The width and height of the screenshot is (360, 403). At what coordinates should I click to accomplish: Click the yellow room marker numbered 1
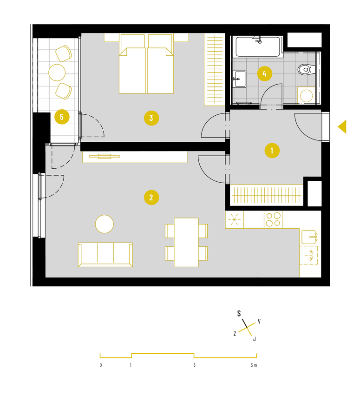pyautogui.click(x=272, y=151)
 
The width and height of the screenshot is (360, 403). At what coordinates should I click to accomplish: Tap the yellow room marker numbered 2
pyautogui.click(x=151, y=198)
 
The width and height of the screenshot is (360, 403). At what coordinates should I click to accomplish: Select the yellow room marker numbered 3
pyautogui.click(x=151, y=118)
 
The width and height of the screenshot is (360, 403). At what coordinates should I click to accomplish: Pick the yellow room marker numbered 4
pyautogui.click(x=264, y=74)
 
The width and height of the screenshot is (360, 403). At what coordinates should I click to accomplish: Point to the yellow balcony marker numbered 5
pyautogui.click(x=62, y=117)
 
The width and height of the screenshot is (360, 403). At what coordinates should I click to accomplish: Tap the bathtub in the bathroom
pyautogui.click(x=258, y=47)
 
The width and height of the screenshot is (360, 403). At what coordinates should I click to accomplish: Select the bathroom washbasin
pyautogui.click(x=239, y=79)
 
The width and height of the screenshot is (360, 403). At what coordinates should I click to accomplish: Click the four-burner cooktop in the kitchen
pyautogui.click(x=273, y=219)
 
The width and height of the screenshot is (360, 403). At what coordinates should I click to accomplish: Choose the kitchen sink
pyautogui.click(x=309, y=237)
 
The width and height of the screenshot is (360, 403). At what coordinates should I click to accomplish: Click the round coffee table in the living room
pyautogui.click(x=105, y=224)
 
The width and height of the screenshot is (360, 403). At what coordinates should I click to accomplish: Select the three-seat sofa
pyautogui.click(x=105, y=255)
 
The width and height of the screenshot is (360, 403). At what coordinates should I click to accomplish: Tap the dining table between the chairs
pyautogui.click(x=186, y=242)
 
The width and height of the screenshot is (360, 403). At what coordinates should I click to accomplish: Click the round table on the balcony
pyautogui.click(x=57, y=73)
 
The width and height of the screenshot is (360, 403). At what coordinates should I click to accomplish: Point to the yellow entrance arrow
pyautogui.click(x=342, y=127)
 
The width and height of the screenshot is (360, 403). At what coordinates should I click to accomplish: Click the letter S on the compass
pyautogui.click(x=239, y=314)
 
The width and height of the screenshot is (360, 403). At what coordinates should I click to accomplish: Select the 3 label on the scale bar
pyautogui.click(x=194, y=365)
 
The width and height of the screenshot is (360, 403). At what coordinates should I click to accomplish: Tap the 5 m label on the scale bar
pyautogui.click(x=254, y=365)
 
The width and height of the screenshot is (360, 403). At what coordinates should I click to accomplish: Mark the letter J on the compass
pyautogui.click(x=255, y=339)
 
